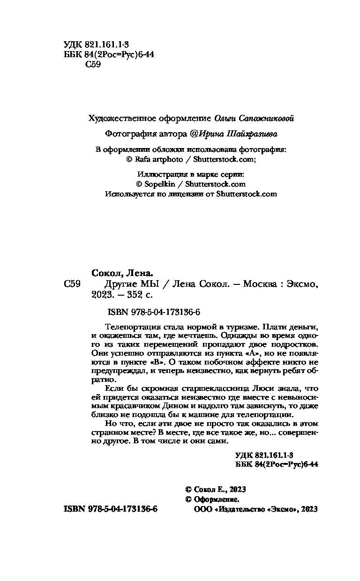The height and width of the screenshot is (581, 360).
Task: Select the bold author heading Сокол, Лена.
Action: coord(121,273)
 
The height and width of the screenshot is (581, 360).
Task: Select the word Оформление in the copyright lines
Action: coord(216,499)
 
